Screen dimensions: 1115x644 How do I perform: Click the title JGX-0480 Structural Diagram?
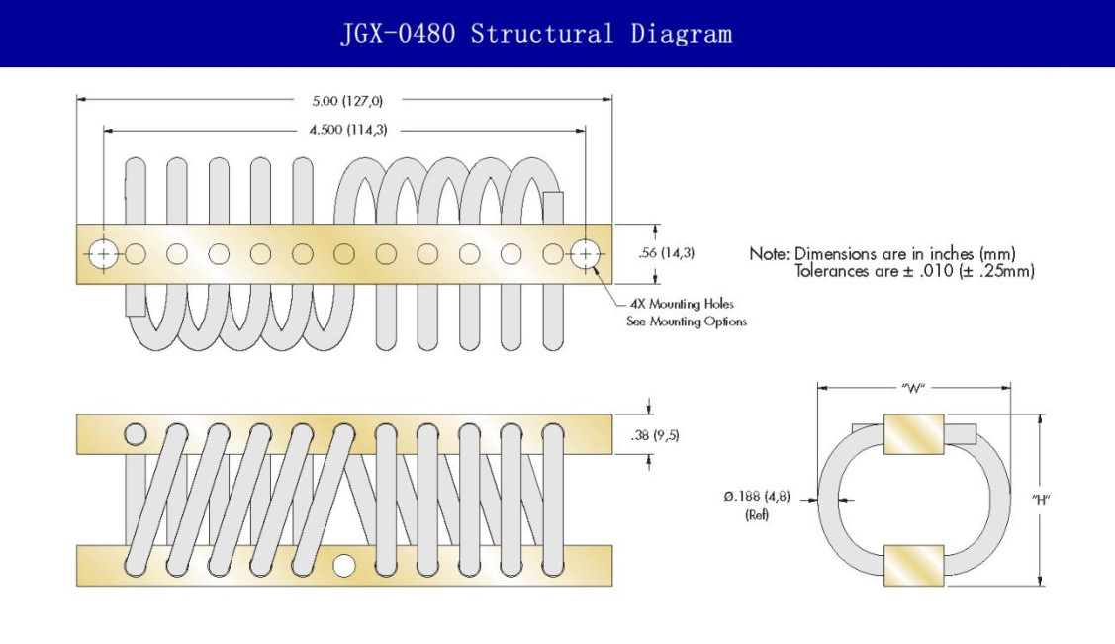tap(537, 34)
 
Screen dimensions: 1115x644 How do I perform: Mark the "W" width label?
tap(913, 388)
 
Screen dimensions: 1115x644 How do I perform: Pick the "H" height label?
tap(1041, 499)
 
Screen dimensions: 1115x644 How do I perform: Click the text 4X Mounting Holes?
tap(682, 304)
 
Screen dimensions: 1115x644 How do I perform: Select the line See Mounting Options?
tap(687, 322)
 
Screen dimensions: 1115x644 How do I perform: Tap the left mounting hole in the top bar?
tap(103, 254)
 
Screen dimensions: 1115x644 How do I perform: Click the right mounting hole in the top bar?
tap(585, 254)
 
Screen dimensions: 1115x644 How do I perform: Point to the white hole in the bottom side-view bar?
tap(344, 566)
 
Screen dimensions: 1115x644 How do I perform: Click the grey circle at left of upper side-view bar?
tap(136, 433)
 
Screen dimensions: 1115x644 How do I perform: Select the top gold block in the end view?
tap(914, 434)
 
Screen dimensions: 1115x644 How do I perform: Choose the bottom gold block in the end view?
tap(914, 566)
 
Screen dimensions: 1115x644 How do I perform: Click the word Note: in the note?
tap(770, 254)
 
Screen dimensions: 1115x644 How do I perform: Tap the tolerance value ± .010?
tap(928, 271)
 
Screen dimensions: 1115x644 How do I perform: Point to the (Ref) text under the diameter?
tap(757, 514)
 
